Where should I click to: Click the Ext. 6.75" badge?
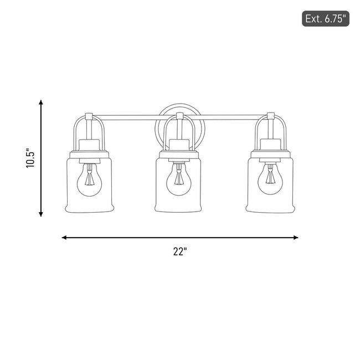click(x=325, y=19)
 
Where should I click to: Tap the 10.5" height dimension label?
click(x=30, y=158)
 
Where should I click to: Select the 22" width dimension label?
click(x=180, y=251)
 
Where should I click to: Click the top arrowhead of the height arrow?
click(x=41, y=102)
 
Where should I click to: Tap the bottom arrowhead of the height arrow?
click(x=41, y=214)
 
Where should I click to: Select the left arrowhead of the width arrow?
click(x=64, y=238)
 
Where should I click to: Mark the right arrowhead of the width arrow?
click(x=296, y=238)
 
